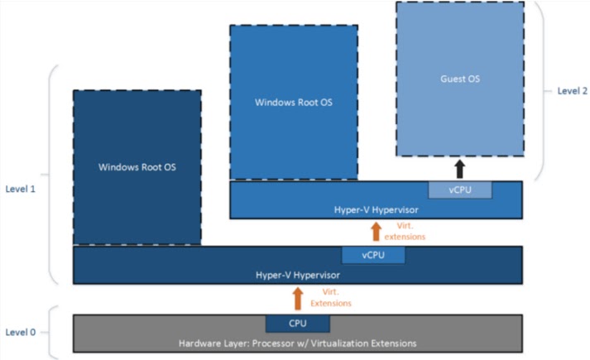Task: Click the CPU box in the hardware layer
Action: click(x=297, y=323)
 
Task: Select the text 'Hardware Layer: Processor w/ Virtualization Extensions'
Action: click(x=297, y=342)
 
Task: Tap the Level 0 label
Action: click(x=22, y=332)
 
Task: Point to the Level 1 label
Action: click(x=22, y=189)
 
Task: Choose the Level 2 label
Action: click(x=571, y=91)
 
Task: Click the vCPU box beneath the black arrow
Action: click(x=459, y=190)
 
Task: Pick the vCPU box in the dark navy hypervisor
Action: click(x=372, y=255)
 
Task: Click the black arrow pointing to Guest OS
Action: click(x=459, y=169)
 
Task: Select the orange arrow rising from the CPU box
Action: click(x=297, y=298)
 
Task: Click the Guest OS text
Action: click(x=459, y=79)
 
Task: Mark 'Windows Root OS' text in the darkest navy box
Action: click(x=137, y=167)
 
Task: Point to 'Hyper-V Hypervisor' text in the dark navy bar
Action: click(x=297, y=274)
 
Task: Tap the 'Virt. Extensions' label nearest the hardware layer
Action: click(x=331, y=298)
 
